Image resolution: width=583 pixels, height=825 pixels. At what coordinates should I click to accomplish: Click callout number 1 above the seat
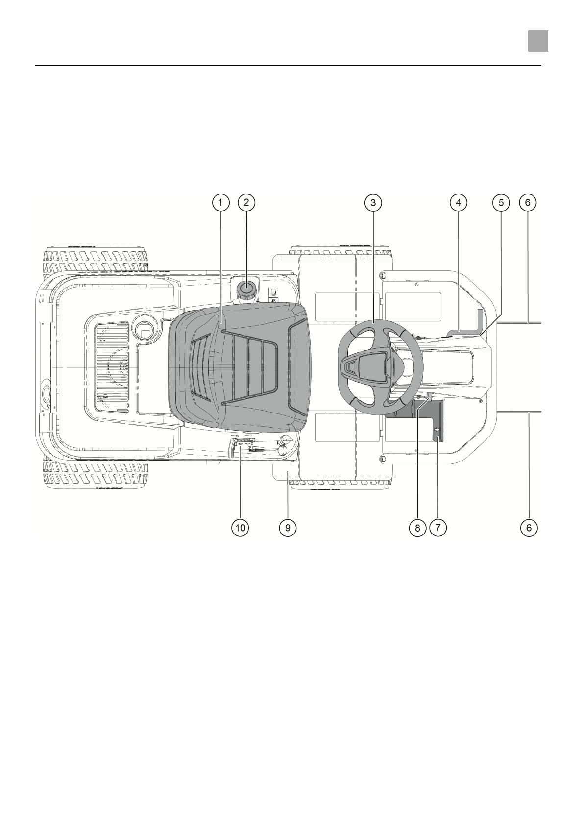pos(220,202)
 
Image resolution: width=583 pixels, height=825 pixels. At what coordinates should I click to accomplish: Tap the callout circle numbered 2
pos(246,202)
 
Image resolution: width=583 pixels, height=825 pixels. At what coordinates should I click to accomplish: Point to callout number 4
pos(458,202)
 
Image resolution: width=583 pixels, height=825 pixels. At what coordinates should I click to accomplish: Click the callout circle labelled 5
pos(501,202)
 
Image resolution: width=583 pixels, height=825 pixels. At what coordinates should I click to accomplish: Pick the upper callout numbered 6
pos(528,202)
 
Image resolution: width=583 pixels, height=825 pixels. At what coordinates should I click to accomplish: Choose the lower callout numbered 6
pos(528,528)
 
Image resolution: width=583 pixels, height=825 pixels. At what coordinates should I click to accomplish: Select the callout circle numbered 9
pos(288,528)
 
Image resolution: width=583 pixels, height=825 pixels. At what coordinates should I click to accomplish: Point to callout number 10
pos(240,528)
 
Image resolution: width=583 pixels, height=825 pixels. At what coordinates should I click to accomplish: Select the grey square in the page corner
pos(537,41)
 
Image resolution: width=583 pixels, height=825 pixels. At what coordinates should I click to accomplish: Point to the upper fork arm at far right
pos(519,323)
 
